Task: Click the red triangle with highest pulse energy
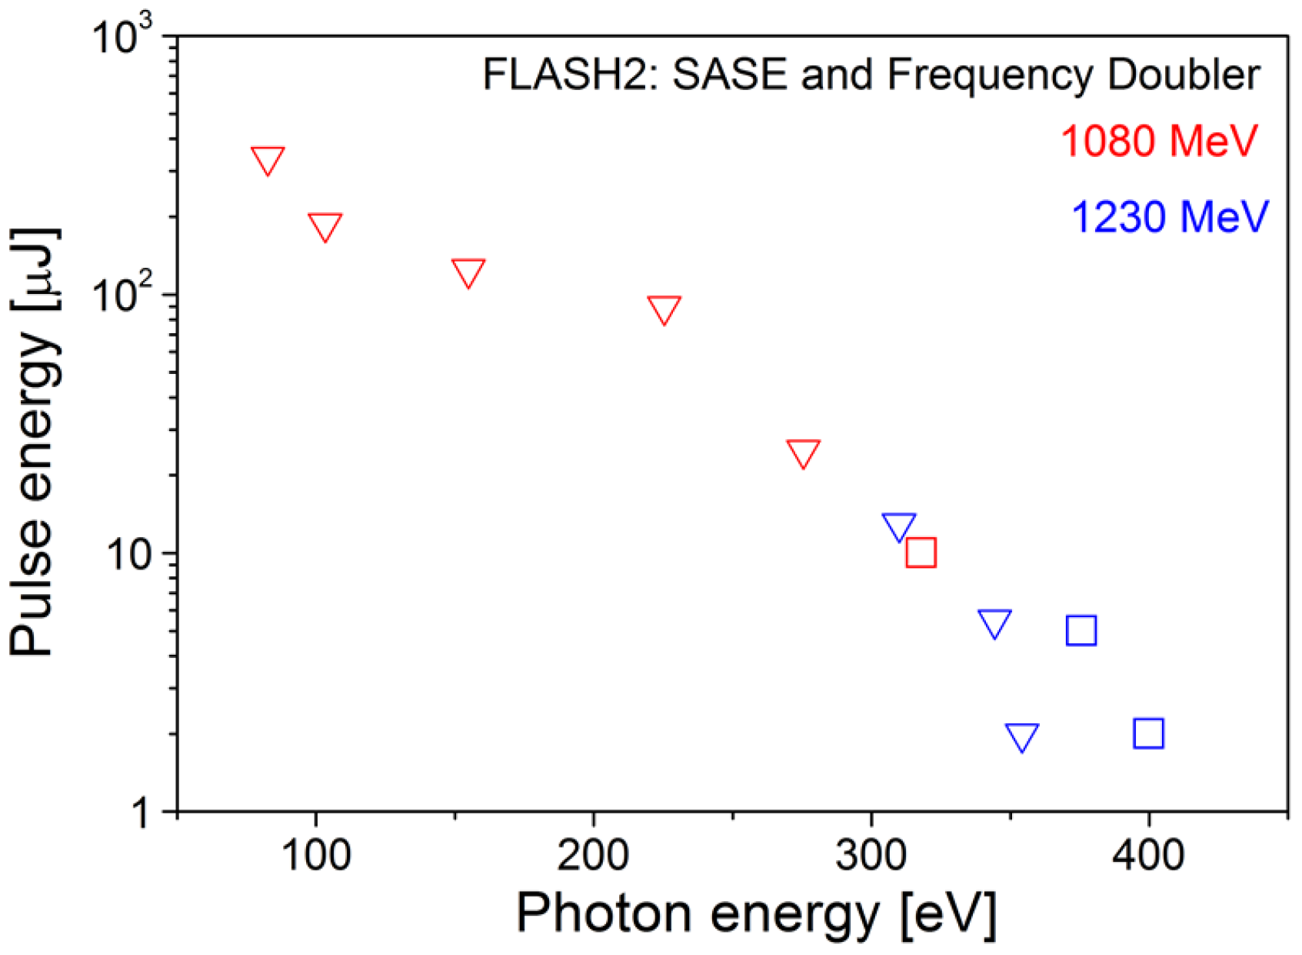(x=268, y=159)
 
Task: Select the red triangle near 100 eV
(x=325, y=226)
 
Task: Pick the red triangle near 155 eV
(x=468, y=272)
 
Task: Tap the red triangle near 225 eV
(x=664, y=309)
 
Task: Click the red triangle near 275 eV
(x=804, y=452)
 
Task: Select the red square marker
(x=921, y=553)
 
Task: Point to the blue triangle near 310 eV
(x=899, y=526)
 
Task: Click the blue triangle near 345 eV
(x=994, y=623)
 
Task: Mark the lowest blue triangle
(x=1022, y=736)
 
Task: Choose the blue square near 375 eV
(x=1081, y=630)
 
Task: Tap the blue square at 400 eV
(x=1148, y=733)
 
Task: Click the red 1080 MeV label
(x=1158, y=141)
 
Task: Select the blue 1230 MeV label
(x=1169, y=217)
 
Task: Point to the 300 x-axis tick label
(x=871, y=855)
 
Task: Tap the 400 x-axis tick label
(x=1148, y=855)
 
